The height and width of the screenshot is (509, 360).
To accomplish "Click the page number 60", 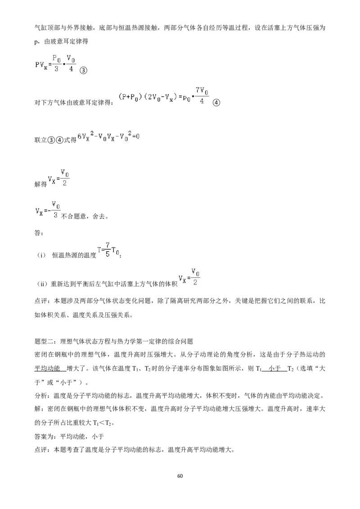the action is pyautogui.click(x=180, y=476).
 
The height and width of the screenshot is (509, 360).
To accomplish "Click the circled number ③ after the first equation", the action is pyautogui.click(x=84, y=70).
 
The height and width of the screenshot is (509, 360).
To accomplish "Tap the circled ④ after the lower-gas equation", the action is pyautogui.click(x=216, y=103).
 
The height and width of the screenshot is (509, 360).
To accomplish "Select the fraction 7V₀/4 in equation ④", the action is pyautogui.click(x=202, y=95).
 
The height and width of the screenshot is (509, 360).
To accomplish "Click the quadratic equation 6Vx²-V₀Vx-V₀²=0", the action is pyautogui.click(x=108, y=136).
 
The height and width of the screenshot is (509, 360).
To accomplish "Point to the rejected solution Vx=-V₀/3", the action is pyautogui.click(x=48, y=210).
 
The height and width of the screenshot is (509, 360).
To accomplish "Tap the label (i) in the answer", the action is pyautogui.click(x=41, y=255).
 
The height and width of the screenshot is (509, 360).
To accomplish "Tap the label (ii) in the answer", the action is pyautogui.click(x=42, y=284).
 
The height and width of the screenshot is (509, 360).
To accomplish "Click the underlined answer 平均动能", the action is pyautogui.click(x=47, y=368).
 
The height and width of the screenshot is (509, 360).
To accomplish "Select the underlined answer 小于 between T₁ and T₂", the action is pyautogui.click(x=275, y=368).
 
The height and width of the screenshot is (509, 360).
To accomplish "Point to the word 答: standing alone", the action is pyautogui.click(x=39, y=233).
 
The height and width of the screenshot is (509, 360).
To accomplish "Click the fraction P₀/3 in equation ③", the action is pyautogui.click(x=56, y=64).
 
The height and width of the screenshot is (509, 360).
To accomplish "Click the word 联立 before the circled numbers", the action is pyautogui.click(x=41, y=140).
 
